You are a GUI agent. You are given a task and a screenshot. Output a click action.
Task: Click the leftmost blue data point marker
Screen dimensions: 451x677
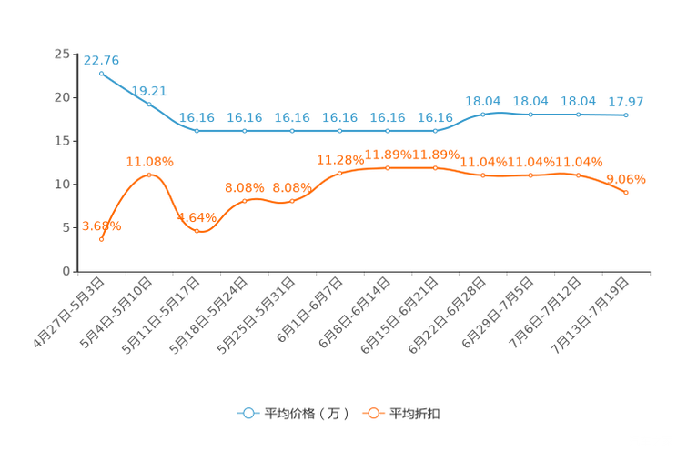[101, 72]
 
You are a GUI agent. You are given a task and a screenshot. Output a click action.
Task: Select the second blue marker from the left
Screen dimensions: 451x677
[149, 103]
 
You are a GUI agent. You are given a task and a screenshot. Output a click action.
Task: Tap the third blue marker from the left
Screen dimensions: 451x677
[197, 131]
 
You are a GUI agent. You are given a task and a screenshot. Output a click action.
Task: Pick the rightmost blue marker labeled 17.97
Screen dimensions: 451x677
[626, 115]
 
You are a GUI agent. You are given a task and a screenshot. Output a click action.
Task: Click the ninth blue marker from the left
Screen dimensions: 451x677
[482, 115]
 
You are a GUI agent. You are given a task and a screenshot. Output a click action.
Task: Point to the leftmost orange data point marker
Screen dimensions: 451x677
[101, 239]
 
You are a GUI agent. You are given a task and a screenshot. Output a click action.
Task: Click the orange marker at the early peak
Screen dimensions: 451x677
[149, 173]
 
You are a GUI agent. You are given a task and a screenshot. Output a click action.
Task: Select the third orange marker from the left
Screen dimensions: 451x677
[197, 232]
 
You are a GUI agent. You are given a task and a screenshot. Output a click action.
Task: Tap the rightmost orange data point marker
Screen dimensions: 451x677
[626, 192]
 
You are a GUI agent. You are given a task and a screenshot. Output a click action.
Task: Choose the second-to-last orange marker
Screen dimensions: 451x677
[578, 175]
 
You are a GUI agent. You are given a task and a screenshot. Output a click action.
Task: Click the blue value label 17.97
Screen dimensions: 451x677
[626, 101]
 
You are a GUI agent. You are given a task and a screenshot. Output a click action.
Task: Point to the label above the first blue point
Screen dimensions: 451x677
[101, 60]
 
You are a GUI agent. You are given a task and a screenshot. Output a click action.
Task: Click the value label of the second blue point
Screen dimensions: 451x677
[148, 90]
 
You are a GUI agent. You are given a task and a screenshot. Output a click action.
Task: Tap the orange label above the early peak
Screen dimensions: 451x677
[149, 161]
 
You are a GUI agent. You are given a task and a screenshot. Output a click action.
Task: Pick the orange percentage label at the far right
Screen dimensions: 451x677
[626, 179]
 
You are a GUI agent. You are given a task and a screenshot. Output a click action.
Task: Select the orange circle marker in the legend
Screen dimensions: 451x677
[373, 413]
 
